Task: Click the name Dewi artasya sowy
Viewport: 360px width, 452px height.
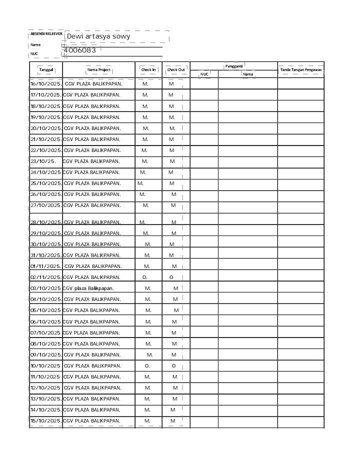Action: [98, 36]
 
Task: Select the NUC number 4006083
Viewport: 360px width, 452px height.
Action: [82, 50]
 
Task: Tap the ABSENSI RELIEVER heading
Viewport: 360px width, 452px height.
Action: [46, 33]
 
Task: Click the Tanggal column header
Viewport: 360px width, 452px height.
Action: [46, 70]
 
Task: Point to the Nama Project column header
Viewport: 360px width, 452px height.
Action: [99, 70]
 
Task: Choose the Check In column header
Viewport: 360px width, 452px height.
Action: [148, 70]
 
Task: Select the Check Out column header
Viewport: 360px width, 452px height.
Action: [176, 70]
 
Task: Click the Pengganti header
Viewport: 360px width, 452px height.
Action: [233, 66]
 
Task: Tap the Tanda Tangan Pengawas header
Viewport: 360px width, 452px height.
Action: [300, 69]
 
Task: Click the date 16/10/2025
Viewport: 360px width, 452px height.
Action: [46, 84]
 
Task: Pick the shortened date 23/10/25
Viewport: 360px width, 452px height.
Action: [43, 161]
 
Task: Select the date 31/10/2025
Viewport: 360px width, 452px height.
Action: [46, 255]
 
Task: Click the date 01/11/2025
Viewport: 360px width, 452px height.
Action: [46, 266]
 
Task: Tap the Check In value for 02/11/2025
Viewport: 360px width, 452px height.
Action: [145, 277]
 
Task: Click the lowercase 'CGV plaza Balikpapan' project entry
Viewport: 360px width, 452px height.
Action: [88, 288]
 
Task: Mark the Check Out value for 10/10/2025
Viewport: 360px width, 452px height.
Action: [173, 366]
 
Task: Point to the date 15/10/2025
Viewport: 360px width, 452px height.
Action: [46, 421]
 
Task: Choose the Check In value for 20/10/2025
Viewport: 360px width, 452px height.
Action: [145, 128]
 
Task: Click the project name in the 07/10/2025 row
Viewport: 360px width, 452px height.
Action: [91, 333]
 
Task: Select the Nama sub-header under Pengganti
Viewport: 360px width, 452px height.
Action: [247, 74]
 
